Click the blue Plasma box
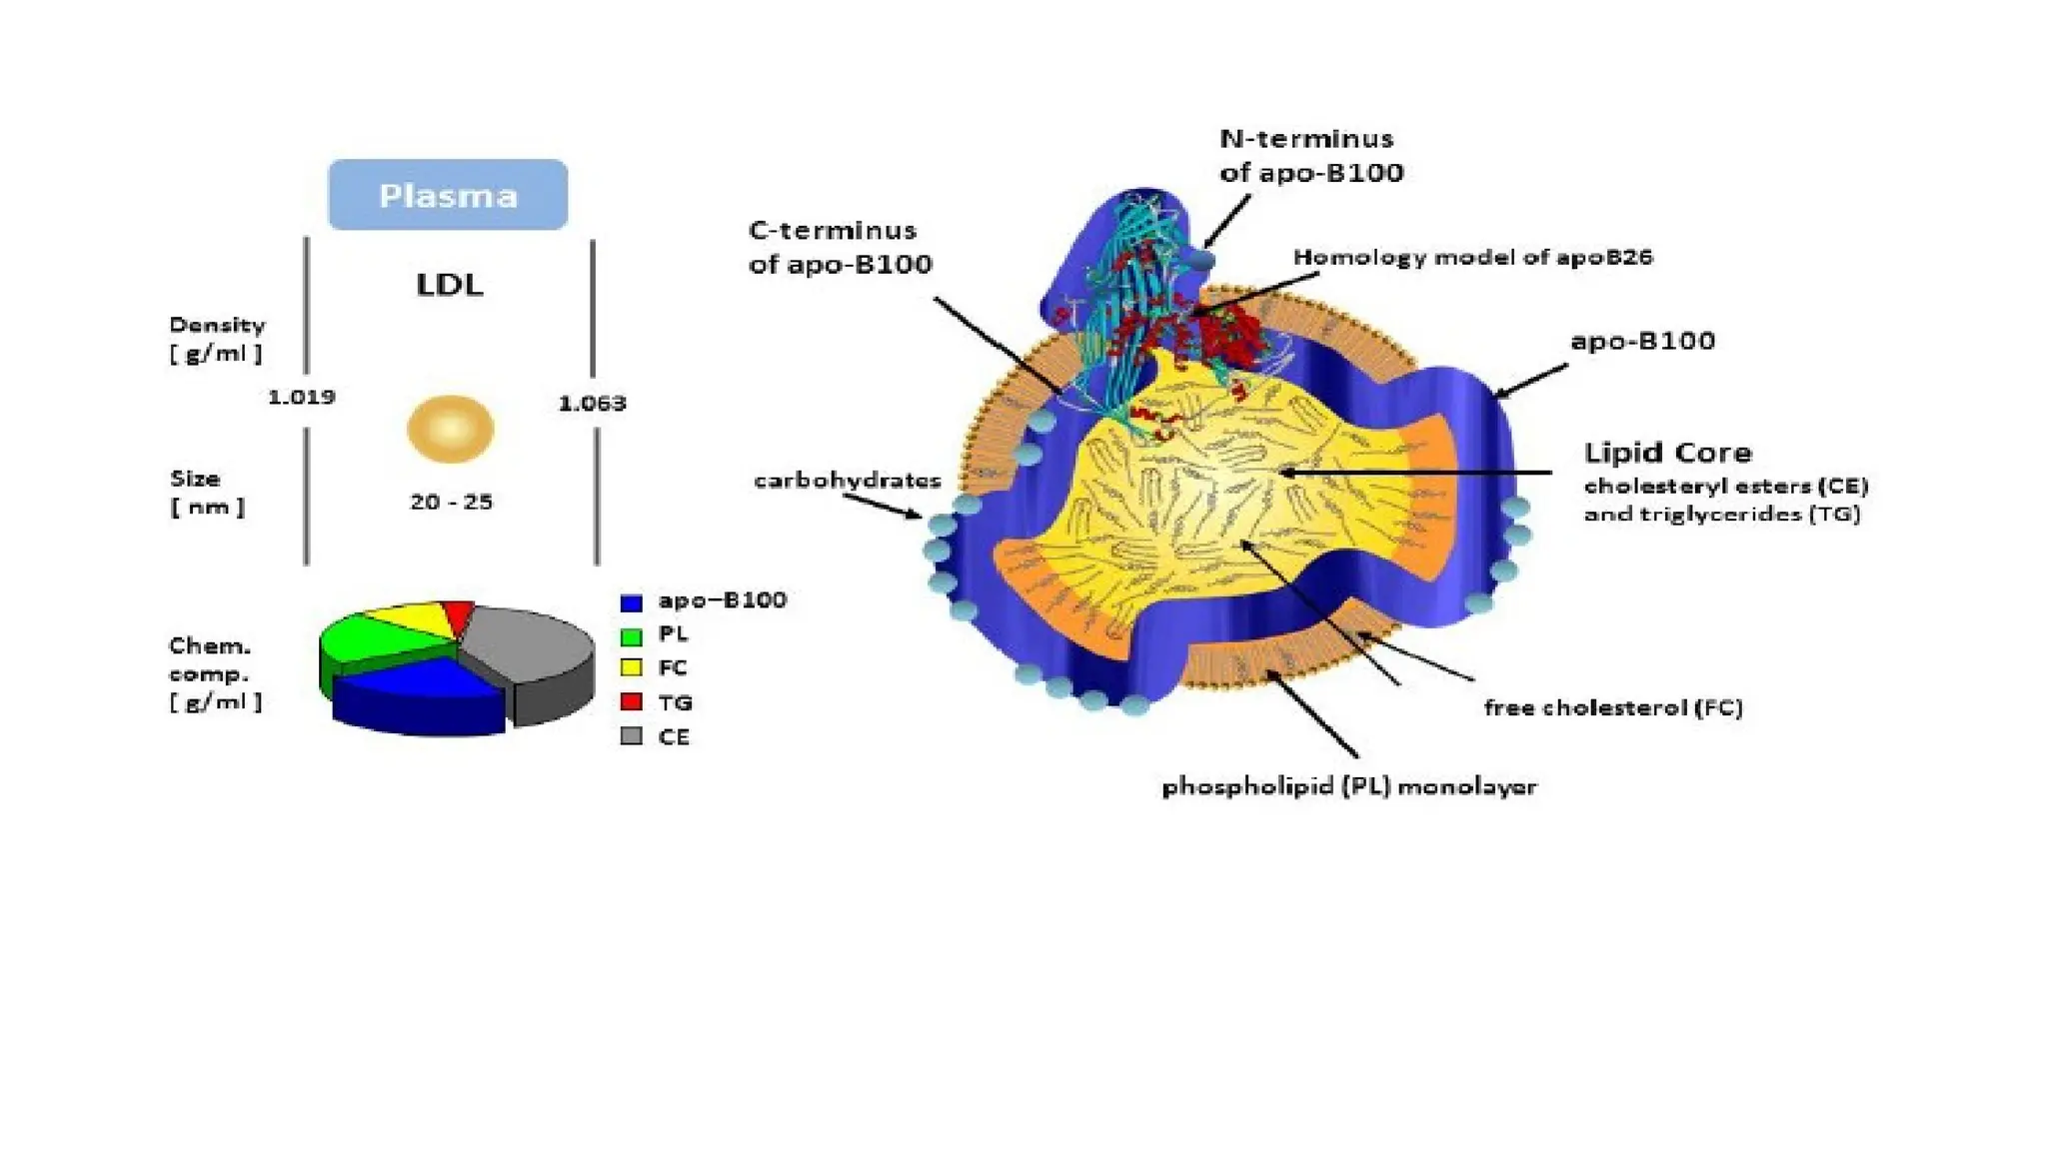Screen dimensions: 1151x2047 coord(448,195)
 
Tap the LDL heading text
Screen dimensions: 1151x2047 coord(450,285)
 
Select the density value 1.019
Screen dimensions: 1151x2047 coord(301,397)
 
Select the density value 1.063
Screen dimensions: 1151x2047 coord(592,404)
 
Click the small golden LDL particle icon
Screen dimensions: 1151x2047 coord(450,429)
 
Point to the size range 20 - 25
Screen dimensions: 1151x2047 coord(451,502)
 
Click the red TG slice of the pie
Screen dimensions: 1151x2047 coord(459,615)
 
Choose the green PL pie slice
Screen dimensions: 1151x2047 coord(365,639)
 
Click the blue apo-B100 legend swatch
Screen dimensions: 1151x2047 coord(631,602)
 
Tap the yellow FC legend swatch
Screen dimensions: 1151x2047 coord(631,667)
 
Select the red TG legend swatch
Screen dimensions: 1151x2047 coord(631,701)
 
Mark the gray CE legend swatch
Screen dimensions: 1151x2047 coord(631,736)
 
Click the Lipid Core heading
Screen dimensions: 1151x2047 coord(1667,453)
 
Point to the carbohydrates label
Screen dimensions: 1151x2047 coord(847,481)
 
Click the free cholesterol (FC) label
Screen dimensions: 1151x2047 coord(1612,707)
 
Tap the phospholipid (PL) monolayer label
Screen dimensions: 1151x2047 coord(1348,786)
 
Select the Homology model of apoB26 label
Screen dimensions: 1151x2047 coord(1472,257)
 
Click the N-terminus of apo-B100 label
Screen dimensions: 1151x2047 coord(1310,155)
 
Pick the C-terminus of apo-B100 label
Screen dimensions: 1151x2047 coord(840,247)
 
